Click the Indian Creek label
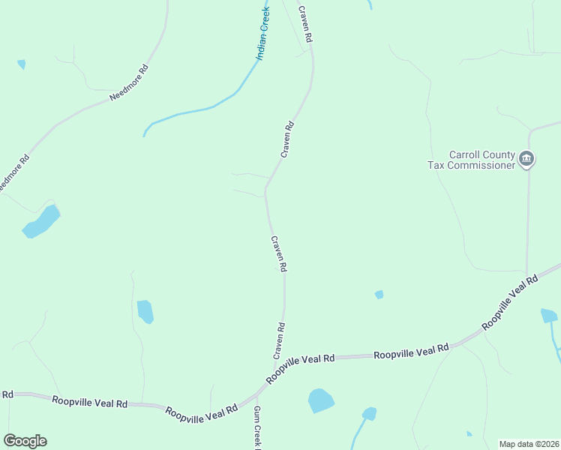pyautogui.click(x=262, y=34)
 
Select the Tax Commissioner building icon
pyautogui.click(x=526, y=159)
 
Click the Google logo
pyautogui.click(x=25, y=440)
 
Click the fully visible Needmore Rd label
pyautogui.click(x=129, y=83)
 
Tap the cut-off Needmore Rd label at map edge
pyautogui.click(x=13, y=173)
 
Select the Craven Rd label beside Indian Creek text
pyautogui.click(x=304, y=24)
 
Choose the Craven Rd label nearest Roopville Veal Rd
pyautogui.click(x=279, y=340)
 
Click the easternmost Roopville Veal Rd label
pyautogui.click(x=510, y=302)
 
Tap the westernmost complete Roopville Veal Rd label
pyautogui.click(x=89, y=402)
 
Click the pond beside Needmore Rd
pyautogui.click(x=42, y=222)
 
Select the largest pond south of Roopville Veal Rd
pyautogui.click(x=321, y=400)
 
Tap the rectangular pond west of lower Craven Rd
pyautogui.click(x=145, y=310)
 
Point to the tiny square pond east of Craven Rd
pyautogui.click(x=379, y=295)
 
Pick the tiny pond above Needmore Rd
pyautogui.click(x=21, y=64)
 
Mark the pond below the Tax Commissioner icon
pyautogui.click(x=548, y=316)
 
